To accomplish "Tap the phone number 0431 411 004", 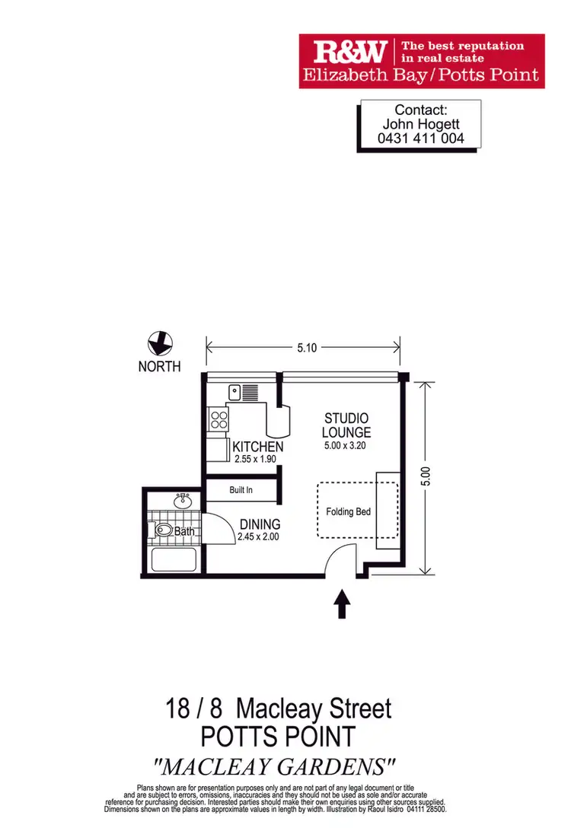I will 420,139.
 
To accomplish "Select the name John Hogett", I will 420,125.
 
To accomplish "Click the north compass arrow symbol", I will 160,343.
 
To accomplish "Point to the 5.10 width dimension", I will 306,348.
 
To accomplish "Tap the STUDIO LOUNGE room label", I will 346,425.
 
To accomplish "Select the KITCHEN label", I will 258,447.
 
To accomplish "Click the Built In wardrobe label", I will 241,490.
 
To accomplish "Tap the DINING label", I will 260,524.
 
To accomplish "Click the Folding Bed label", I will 348,511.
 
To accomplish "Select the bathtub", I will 174,560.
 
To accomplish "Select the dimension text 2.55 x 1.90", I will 258,460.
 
